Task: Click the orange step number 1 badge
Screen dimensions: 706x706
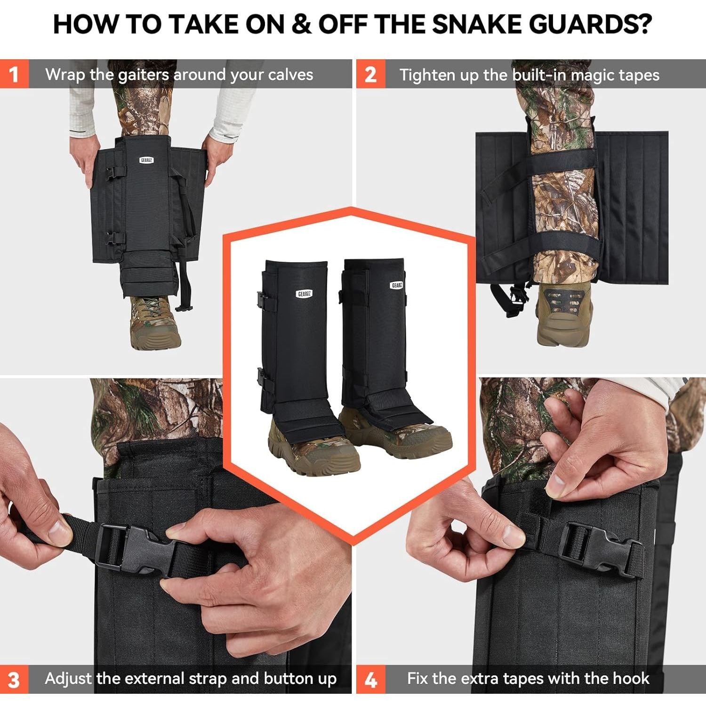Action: pyautogui.click(x=14, y=74)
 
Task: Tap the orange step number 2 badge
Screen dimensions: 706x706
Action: pyautogui.click(x=370, y=74)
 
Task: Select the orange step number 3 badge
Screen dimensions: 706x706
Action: pyautogui.click(x=14, y=679)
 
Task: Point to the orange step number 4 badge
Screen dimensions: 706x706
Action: pyautogui.click(x=370, y=679)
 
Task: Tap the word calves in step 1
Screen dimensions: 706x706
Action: pyautogui.click(x=290, y=74)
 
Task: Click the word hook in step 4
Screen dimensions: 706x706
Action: pyautogui.click(x=632, y=678)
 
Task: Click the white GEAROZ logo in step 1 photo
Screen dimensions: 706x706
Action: pyautogui.click(x=146, y=160)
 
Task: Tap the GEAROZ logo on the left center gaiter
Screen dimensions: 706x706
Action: pyautogui.click(x=304, y=294)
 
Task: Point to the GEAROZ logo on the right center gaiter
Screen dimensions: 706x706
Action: pyautogui.click(x=397, y=285)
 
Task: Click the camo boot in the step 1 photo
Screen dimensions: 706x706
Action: pyautogui.click(x=153, y=322)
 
